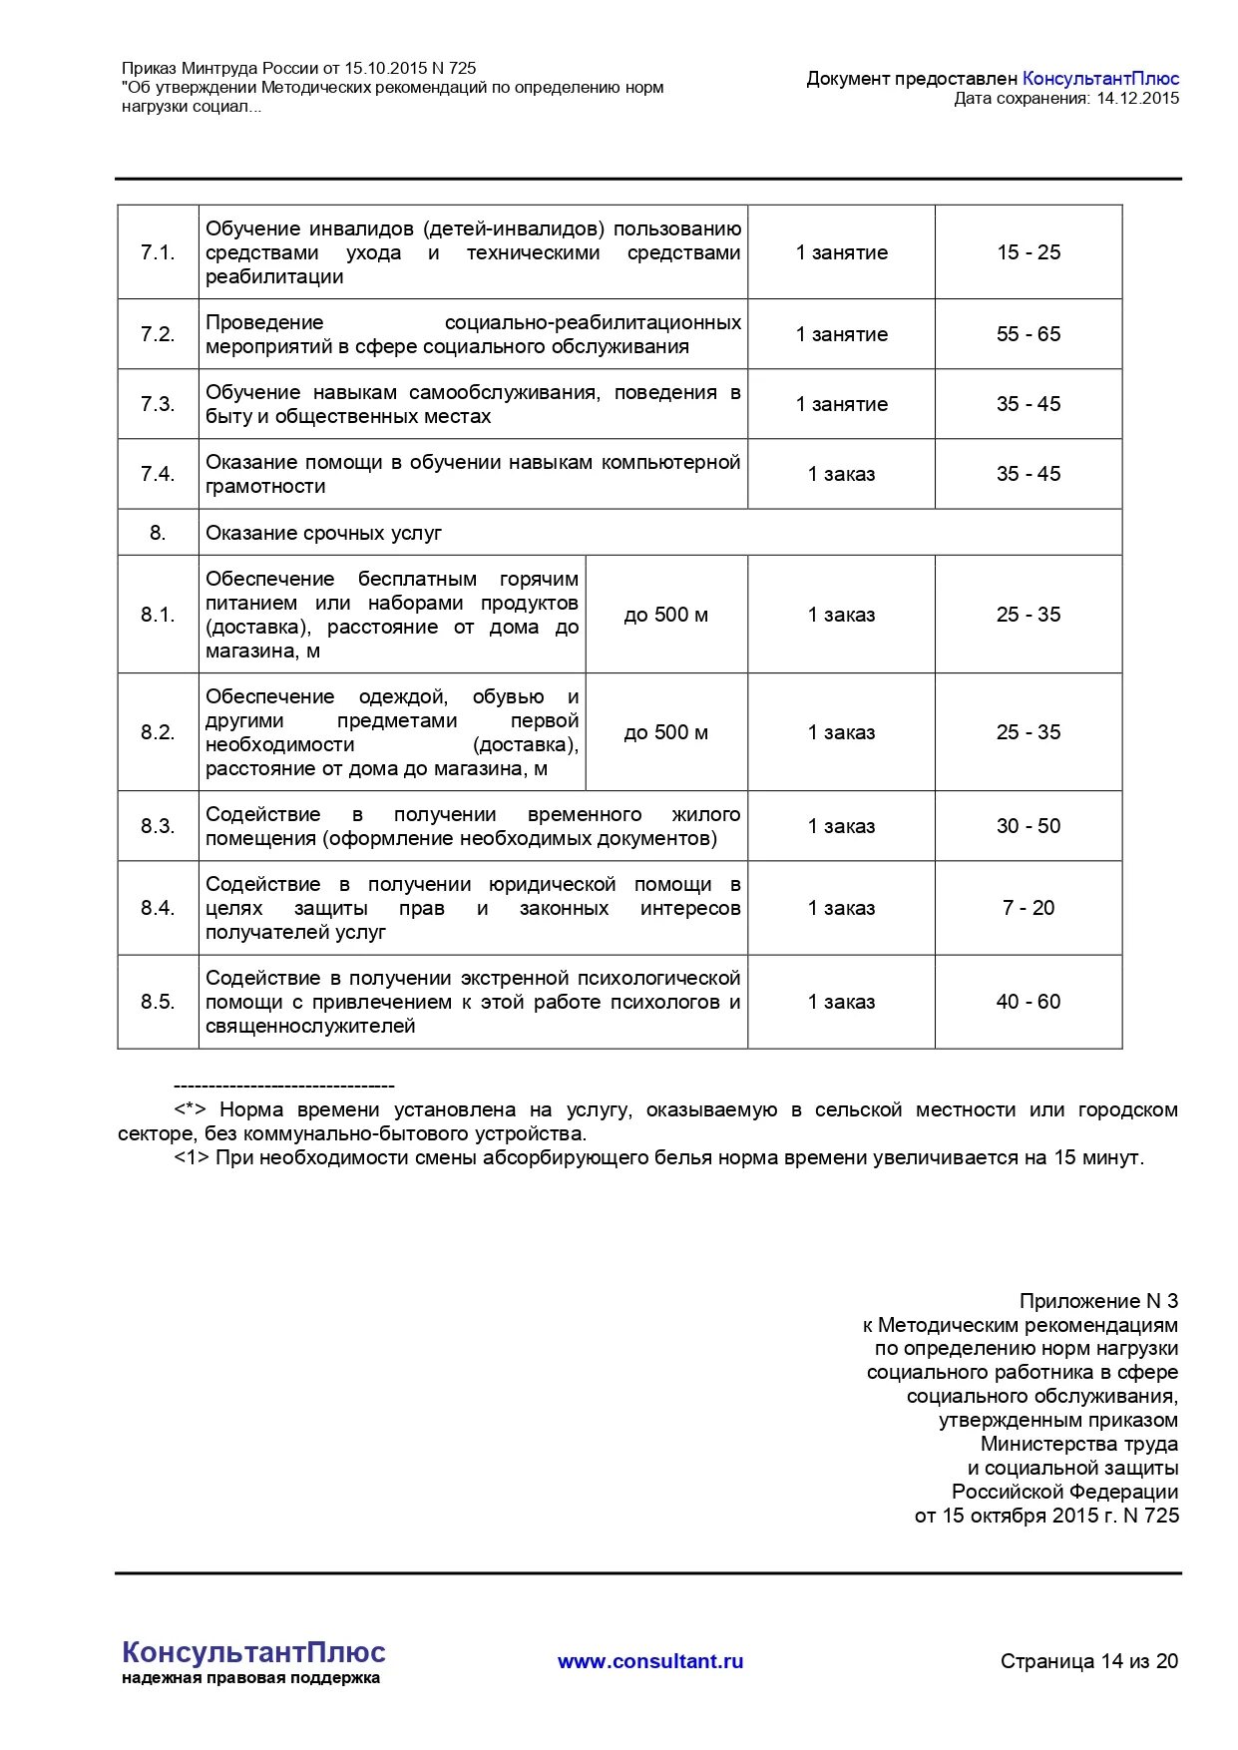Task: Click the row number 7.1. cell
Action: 158,252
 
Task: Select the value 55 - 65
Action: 1028,334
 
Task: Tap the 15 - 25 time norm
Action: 1028,252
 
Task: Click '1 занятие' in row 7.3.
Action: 841,404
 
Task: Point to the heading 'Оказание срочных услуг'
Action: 323,533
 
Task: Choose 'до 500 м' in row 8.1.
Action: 665,615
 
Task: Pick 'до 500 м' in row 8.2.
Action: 665,732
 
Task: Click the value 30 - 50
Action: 1028,826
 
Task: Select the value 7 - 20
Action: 1028,908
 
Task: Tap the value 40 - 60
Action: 1028,1002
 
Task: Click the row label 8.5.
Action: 158,1002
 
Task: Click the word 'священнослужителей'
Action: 310,1026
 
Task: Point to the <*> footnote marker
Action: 190,1109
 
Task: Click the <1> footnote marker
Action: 192,1157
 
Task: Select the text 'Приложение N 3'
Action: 1097,1301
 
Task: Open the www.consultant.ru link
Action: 650,1661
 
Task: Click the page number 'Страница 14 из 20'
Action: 1088,1661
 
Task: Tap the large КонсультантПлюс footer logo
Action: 253,1651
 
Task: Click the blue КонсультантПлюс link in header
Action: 1100,78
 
